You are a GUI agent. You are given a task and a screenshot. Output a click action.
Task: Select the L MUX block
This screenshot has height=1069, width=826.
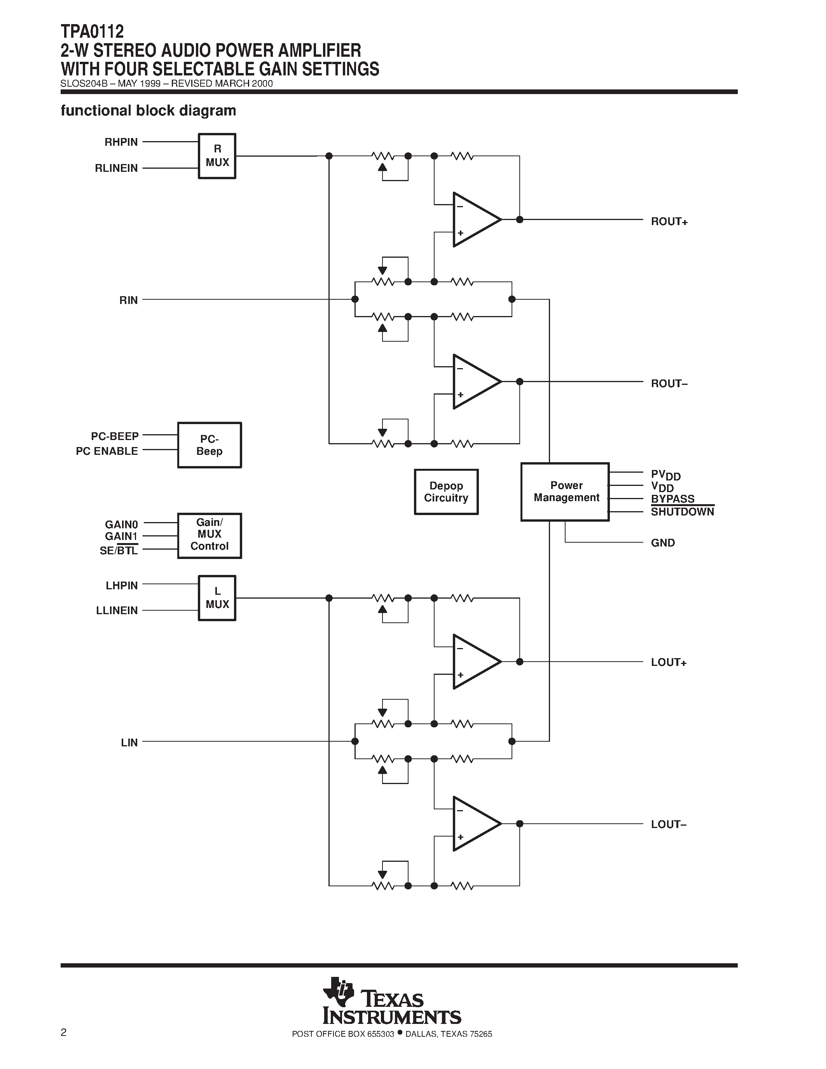click(217, 598)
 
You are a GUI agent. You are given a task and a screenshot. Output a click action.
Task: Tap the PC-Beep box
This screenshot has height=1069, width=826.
click(210, 445)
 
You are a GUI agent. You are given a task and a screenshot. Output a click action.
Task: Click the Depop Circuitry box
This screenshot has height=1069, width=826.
click(446, 492)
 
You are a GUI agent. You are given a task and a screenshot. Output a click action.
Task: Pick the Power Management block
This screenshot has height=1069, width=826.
click(565, 491)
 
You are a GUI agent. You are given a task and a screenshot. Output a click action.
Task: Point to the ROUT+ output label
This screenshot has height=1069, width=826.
click(669, 222)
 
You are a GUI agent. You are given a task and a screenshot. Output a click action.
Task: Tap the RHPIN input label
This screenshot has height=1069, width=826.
click(121, 142)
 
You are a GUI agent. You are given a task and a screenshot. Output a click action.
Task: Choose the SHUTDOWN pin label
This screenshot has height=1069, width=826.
click(682, 512)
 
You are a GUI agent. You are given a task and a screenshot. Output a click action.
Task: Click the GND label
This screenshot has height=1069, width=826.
click(663, 543)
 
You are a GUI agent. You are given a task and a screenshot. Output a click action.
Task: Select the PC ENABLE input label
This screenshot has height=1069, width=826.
click(107, 451)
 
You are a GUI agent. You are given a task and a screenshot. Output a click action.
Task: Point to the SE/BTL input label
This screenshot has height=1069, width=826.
click(119, 551)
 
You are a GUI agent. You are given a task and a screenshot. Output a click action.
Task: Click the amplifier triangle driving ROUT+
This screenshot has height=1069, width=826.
click(474, 220)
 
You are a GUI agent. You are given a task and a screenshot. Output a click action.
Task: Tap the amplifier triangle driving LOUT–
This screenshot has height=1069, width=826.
click(474, 824)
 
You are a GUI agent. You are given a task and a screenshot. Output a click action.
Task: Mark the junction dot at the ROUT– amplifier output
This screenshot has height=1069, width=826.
click(520, 382)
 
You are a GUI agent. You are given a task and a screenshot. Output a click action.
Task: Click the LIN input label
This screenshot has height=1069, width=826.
click(129, 742)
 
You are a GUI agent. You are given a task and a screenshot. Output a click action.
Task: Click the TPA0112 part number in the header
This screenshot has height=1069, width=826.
click(92, 32)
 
